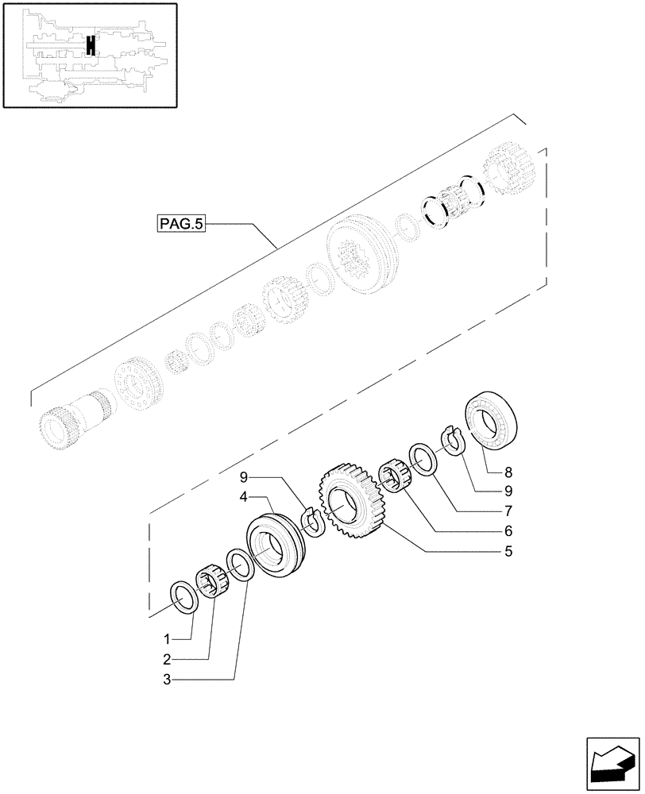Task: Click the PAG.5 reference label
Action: (181, 225)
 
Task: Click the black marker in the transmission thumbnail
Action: (91, 46)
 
